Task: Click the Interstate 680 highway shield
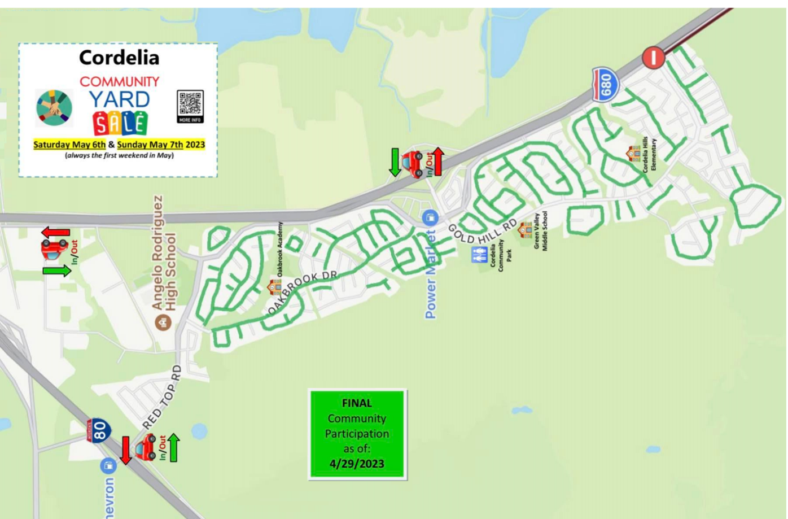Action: [x=605, y=85]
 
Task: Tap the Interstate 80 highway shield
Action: [x=98, y=431]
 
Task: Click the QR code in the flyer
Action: [x=190, y=106]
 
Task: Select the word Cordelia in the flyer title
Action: [x=119, y=57]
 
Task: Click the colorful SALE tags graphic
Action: [x=120, y=123]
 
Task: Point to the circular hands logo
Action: [x=54, y=107]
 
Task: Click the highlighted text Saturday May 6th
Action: [x=69, y=145]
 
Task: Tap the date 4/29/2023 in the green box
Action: [x=357, y=464]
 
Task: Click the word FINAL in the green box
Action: [x=357, y=403]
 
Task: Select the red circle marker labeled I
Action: [x=653, y=58]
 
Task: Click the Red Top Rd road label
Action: [x=162, y=397]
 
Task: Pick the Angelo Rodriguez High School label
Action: [x=164, y=253]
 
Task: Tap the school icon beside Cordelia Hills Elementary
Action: [x=633, y=153]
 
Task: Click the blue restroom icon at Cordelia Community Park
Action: [x=479, y=255]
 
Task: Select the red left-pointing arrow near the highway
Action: [x=55, y=232]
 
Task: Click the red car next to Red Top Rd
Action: [x=146, y=447]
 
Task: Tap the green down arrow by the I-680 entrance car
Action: [x=395, y=162]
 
